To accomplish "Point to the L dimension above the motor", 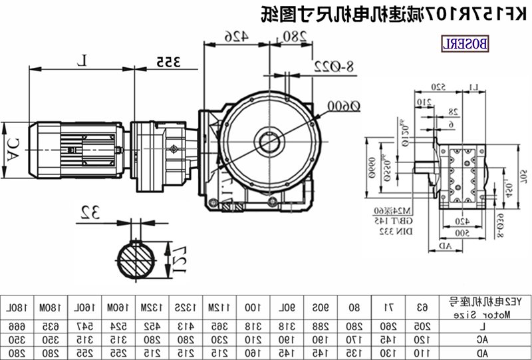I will [82, 61].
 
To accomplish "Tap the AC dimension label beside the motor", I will [11, 150].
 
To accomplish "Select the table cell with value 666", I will [19, 326].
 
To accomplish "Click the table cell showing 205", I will [420, 326].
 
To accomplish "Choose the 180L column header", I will [19, 307].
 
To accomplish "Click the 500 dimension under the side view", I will [461, 233].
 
